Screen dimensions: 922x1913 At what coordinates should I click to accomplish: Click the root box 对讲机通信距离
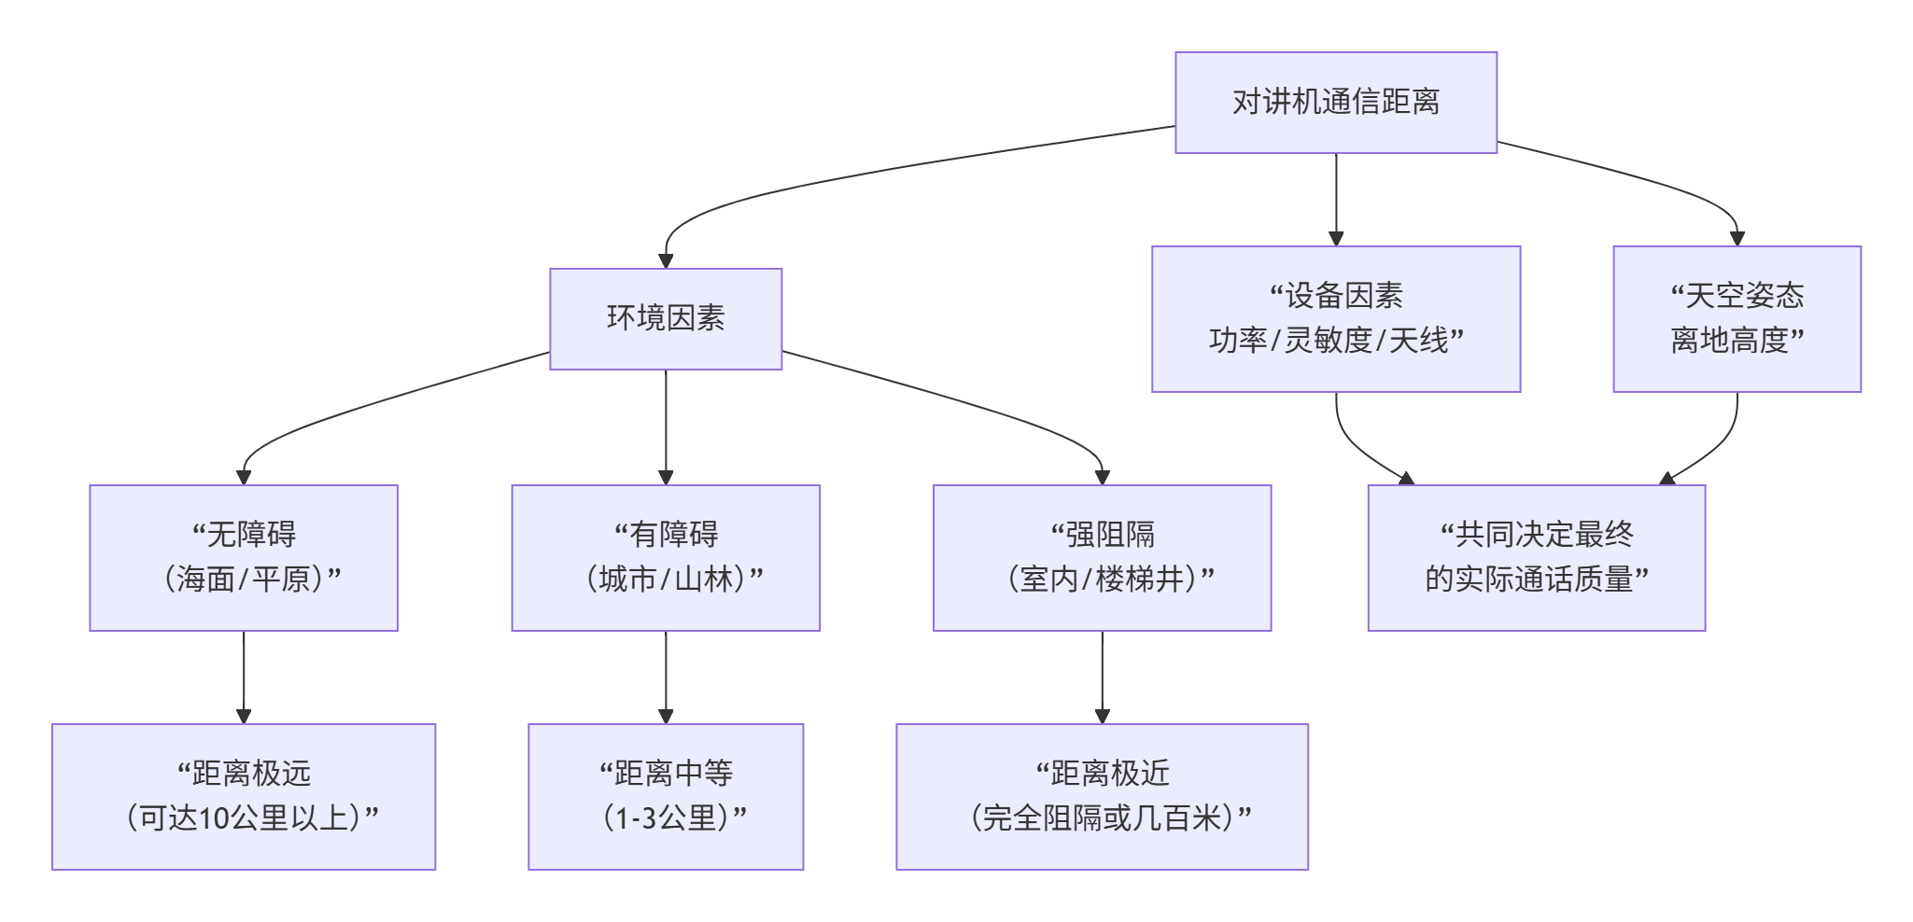[x=1335, y=103]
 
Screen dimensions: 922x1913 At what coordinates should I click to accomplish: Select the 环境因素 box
[x=665, y=319]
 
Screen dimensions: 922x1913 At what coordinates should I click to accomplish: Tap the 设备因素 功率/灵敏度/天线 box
[x=1335, y=319]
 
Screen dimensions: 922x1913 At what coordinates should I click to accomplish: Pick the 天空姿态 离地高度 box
[x=1736, y=319]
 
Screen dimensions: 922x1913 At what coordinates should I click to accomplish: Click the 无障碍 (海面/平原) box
[x=244, y=558]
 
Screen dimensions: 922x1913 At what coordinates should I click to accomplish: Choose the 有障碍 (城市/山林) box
[x=665, y=558]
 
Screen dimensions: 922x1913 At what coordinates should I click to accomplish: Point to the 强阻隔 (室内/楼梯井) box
[x=1102, y=558]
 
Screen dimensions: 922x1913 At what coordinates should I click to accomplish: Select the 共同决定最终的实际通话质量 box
[x=1536, y=558]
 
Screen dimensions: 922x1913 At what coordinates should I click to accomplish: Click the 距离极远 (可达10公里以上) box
[x=244, y=797]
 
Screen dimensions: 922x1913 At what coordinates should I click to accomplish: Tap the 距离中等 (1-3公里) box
[x=665, y=797]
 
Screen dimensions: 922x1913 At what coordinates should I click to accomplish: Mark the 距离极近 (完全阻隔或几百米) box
[x=1102, y=797]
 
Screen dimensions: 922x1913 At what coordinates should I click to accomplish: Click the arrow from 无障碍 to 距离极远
[x=244, y=677]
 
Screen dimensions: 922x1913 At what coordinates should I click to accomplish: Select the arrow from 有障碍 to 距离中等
[x=666, y=677]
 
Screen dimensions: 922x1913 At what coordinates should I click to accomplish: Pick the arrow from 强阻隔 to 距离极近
[x=1102, y=677]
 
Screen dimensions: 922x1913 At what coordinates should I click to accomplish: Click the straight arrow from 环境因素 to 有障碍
[x=666, y=426]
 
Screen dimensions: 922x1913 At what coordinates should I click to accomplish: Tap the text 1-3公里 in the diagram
[x=665, y=818]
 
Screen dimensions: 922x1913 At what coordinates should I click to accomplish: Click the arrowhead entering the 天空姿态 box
[x=1737, y=239]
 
